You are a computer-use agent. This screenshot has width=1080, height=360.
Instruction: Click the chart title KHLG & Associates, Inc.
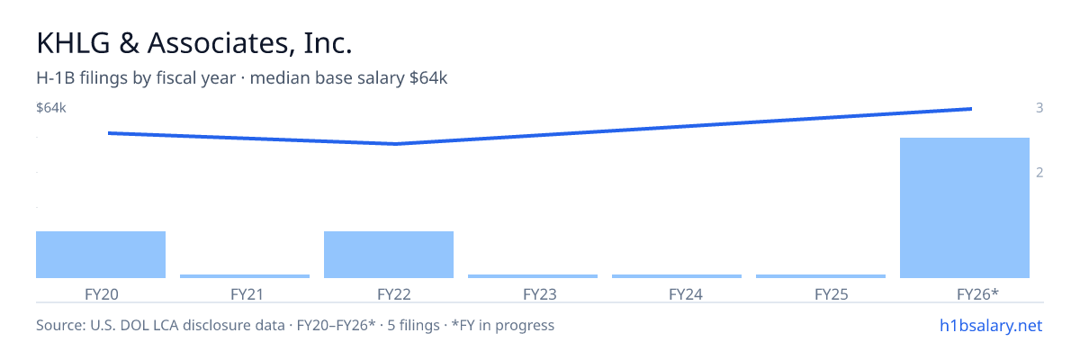click(x=194, y=43)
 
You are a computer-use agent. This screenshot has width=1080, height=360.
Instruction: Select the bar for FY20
click(x=101, y=255)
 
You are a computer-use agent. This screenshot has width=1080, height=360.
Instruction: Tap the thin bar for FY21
click(x=245, y=276)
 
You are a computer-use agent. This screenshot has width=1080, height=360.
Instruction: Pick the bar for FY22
click(x=389, y=255)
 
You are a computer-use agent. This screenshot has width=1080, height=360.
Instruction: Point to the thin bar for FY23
click(x=533, y=276)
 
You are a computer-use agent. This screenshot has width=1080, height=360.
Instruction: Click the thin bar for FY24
click(x=677, y=276)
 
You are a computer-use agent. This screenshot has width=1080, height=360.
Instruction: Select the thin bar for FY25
click(x=821, y=276)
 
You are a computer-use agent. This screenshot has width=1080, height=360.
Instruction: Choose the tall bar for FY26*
click(x=965, y=208)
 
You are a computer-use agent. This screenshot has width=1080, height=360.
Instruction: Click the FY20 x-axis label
click(x=101, y=294)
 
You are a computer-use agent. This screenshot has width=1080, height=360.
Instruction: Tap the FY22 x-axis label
click(x=394, y=294)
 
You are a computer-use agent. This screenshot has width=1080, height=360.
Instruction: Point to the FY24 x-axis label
click(x=686, y=294)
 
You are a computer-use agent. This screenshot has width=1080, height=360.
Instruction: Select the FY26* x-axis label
click(x=977, y=294)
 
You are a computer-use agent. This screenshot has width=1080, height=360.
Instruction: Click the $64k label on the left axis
click(x=51, y=108)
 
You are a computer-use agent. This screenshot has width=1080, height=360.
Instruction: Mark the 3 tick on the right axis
click(x=1039, y=108)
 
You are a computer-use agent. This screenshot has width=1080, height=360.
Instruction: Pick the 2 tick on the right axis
click(x=1039, y=173)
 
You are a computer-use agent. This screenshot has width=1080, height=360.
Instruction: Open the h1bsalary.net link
click(x=991, y=325)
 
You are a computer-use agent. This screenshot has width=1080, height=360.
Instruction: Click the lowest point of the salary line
click(x=395, y=144)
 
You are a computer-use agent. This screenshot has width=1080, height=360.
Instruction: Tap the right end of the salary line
click(x=971, y=109)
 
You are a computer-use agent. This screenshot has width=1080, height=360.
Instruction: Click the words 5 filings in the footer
click(x=413, y=325)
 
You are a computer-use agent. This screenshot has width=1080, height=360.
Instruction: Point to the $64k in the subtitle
click(x=428, y=78)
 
